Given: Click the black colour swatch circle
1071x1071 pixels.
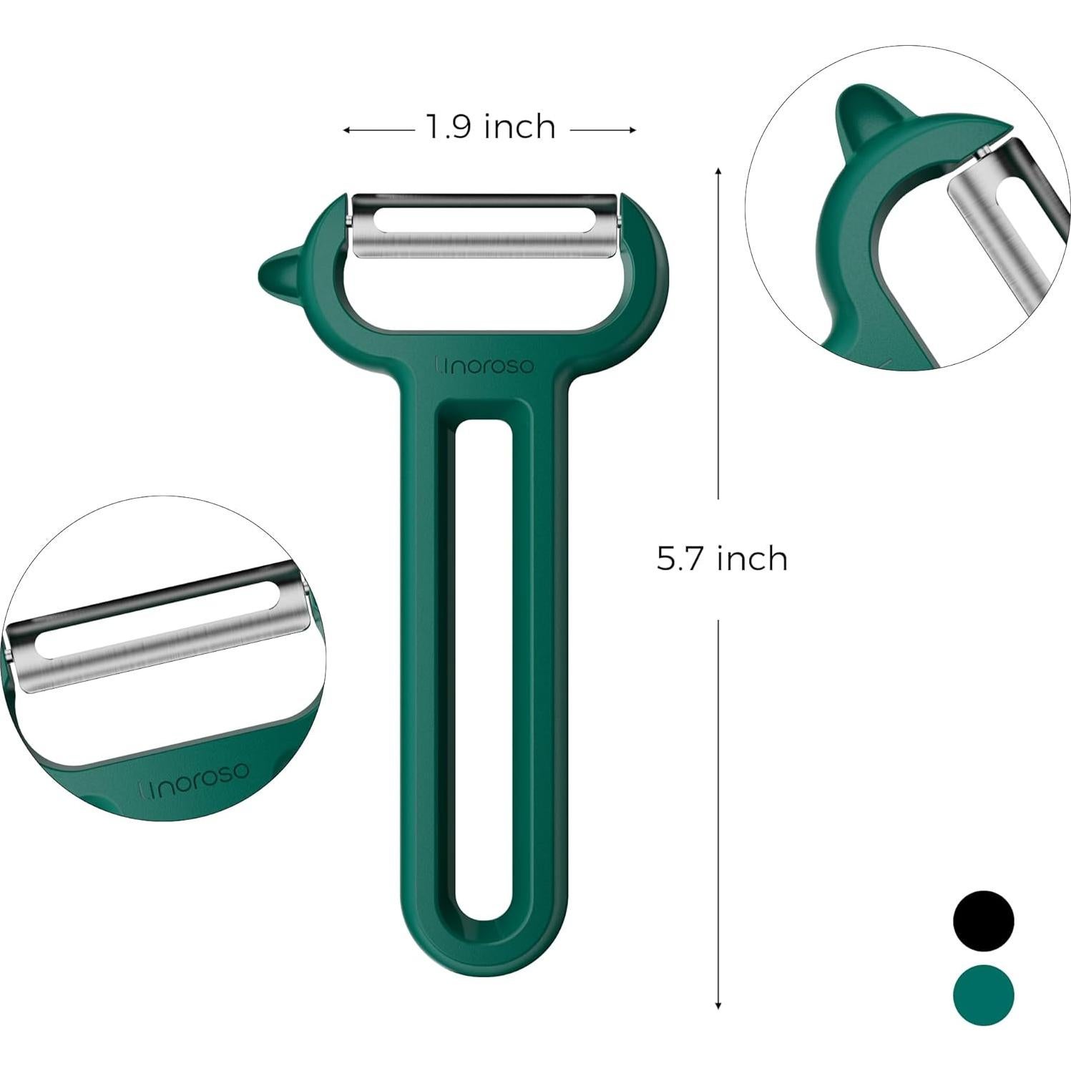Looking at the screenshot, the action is click(983, 920).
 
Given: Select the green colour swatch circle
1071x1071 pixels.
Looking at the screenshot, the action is click(983, 995).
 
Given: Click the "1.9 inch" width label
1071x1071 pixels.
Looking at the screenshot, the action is click(491, 127).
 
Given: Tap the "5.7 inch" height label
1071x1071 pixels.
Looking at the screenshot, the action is click(722, 558).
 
